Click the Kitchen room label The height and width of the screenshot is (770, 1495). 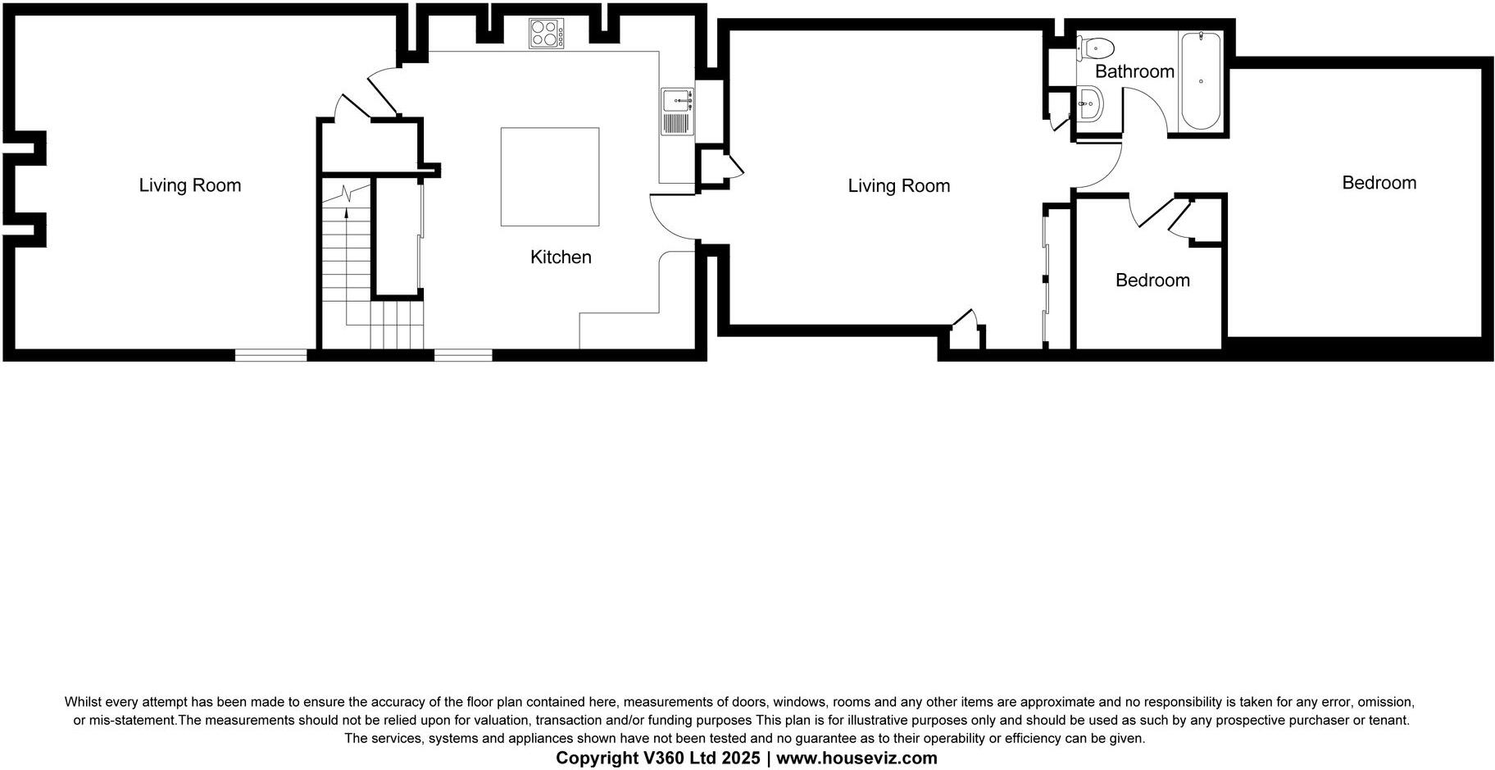pyautogui.click(x=561, y=257)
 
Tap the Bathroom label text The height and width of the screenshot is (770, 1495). pyautogui.click(x=1134, y=71)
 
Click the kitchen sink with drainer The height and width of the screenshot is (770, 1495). pyautogui.click(x=678, y=112)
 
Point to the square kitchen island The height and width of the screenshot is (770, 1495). pyautogui.click(x=550, y=176)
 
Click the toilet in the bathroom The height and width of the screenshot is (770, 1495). pyautogui.click(x=1095, y=48)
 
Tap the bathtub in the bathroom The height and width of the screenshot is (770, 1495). pyautogui.click(x=1199, y=81)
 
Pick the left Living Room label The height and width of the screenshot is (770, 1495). pyautogui.click(x=190, y=185)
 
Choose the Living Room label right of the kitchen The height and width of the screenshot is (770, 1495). pyautogui.click(x=899, y=186)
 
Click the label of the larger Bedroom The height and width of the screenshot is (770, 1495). pyautogui.click(x=1379, y=183)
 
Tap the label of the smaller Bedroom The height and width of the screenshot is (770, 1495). pyautogui.click(x=1152, y=280)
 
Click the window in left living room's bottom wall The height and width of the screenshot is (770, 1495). pyautogui.click(x=271, y=355)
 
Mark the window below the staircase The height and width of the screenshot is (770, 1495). pyautogui.click(x=463, y=355)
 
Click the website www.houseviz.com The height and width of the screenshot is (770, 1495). pyautogui.click(x=857, y=759)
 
